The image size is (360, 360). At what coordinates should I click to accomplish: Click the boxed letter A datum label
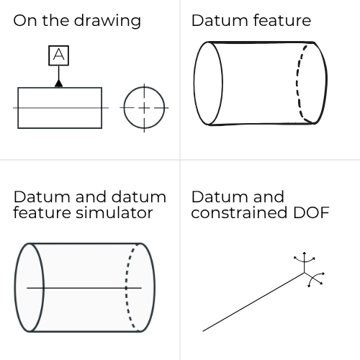click(x=59, y=55)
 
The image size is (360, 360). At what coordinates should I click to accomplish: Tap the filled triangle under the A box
click(x=59, y=84)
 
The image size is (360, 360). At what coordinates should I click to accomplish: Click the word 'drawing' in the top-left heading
click(x=107, y=22)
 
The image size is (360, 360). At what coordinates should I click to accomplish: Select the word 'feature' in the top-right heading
click(x=282, y=20)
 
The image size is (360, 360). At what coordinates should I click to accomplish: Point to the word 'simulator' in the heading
click(x=114, y=212)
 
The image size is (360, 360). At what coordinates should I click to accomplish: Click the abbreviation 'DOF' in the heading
click(x=311, y=212)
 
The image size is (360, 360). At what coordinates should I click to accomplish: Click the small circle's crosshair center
click(x=144, y=108)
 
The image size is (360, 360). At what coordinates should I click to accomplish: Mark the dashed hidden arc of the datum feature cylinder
click(x=297, y=83)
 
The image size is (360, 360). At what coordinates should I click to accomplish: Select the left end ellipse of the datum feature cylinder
click(x=194, y=84)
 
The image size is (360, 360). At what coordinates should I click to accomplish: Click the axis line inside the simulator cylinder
click(x=84, y=287)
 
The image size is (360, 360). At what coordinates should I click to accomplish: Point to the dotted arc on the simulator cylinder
click(x=126, y=287)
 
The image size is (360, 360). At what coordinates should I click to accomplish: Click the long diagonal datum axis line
click(x=253, y=302)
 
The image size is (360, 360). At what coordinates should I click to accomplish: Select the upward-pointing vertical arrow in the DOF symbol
click(x=305, y=262)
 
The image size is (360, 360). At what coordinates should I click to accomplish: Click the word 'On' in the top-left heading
click(x=25, y=20)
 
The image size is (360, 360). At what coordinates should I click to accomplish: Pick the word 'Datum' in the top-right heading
click(x=220, y=20)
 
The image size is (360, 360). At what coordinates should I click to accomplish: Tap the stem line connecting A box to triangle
click(x=59, y=73)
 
